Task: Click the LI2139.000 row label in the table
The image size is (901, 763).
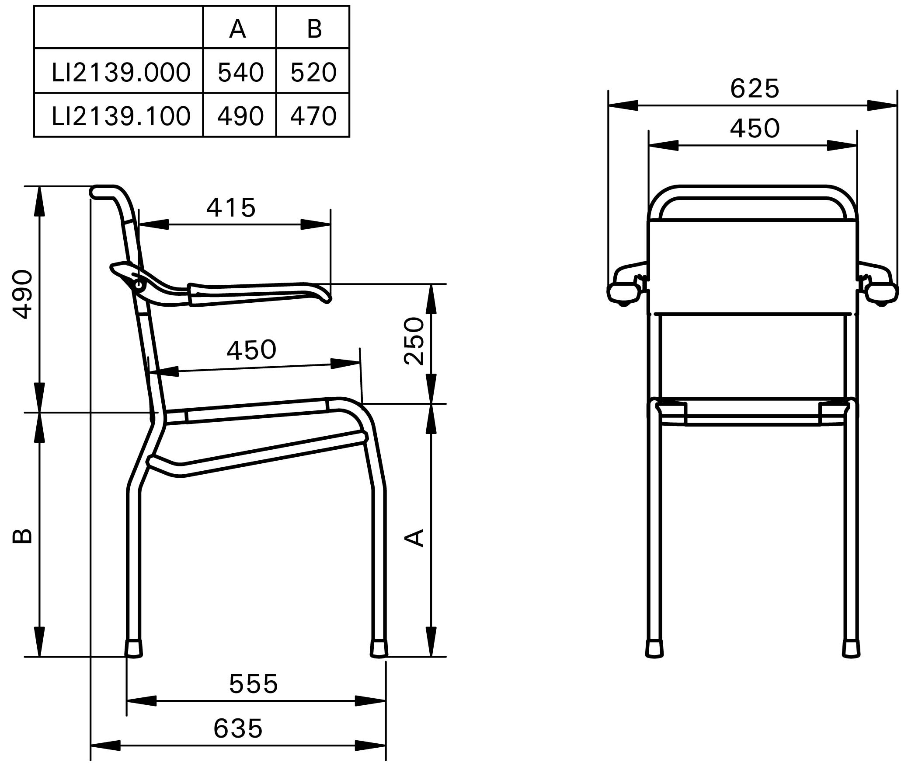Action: coord(121,72)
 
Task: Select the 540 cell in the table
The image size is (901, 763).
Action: coord(240,72)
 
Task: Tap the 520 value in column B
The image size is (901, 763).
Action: coord(313,72)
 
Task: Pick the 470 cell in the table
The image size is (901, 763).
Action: coord(313,116)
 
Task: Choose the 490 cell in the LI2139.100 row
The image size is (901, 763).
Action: coord(240,116)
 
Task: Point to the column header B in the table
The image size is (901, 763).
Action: coord(314,29)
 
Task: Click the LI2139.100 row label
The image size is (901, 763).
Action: coord(121,116)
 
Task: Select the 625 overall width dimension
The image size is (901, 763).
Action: coord(755,89)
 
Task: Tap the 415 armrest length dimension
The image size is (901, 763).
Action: coord(231,207)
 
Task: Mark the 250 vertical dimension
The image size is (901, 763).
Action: coord(414,341)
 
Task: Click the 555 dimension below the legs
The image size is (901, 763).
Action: coord(254,684)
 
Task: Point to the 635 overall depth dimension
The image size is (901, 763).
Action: coord(238,728)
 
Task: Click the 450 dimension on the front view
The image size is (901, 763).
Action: coord(755,128)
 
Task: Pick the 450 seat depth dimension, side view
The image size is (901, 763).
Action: coord(251,350)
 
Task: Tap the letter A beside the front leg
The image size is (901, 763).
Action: coord(414,538)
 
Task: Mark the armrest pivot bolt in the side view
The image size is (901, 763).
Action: coord(139,285)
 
